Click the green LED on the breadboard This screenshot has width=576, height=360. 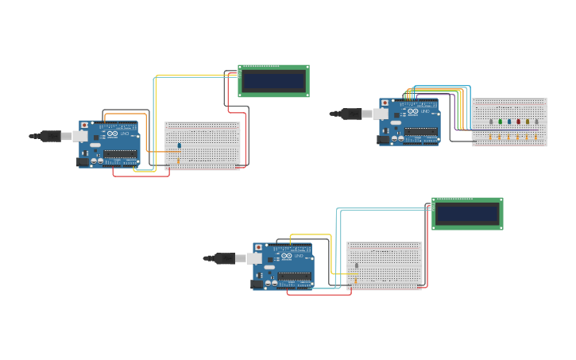point(500,122)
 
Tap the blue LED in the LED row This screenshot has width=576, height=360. point(509,122)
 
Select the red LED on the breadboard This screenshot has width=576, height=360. point(518,122)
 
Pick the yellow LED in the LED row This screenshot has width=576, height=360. point(527,122)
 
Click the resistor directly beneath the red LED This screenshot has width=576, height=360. point(518,137)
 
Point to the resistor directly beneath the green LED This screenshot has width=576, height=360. point(500,137)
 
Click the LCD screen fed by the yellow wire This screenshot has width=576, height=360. point(273,81)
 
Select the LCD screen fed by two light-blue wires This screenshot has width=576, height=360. point(467,214)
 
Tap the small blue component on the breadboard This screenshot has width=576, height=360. point(180,145)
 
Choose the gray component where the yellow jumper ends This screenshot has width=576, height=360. point(357,266)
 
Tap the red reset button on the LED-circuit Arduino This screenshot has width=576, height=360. point(385,103)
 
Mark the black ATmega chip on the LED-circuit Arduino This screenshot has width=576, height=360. point(421,132)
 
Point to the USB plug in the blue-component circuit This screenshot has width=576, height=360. point(52,136)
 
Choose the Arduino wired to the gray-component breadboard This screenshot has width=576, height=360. point(283,266)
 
